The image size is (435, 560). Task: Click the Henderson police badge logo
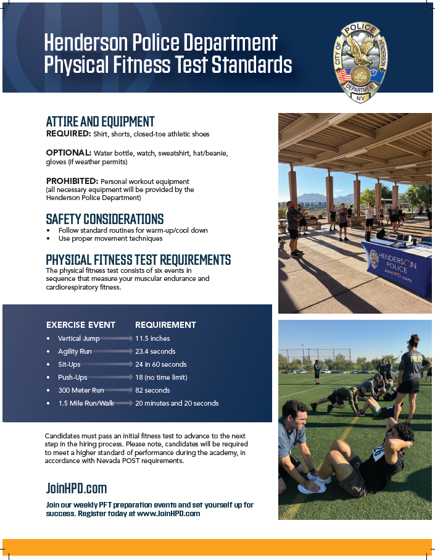[360, 62]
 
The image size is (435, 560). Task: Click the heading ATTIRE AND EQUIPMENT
[101, 122]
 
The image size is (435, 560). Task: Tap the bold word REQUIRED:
[68, 133]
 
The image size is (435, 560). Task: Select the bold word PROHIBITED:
[72, 181]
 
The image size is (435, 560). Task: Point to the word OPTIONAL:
[69, 153]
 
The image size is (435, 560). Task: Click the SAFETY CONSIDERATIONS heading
[105, 219]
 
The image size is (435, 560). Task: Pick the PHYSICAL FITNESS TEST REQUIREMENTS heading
[138, 260]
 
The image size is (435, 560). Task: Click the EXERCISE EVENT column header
[81, 325]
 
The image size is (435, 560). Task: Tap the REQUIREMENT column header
[165, 325]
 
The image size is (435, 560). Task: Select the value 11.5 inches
[152, 338]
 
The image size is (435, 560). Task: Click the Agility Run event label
[75, 351]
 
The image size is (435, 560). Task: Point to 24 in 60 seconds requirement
[161, 364]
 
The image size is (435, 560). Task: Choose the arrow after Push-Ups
[110, 377]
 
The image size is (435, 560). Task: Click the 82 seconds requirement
[152, 390]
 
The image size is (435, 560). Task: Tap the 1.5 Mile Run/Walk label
[86, 403]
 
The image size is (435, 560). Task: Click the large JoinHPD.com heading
[77, 488]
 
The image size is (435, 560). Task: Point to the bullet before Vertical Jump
[48, 338]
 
